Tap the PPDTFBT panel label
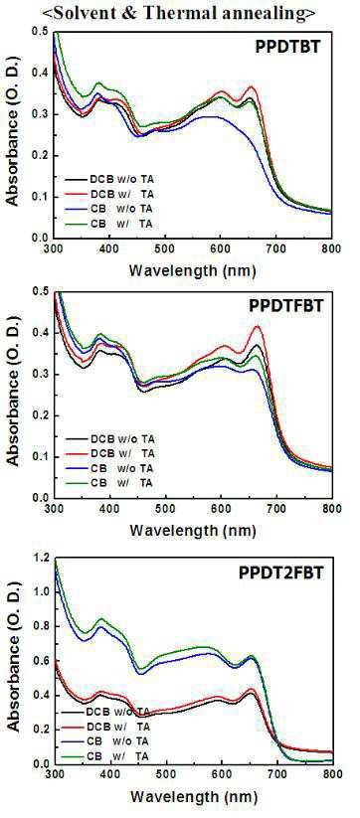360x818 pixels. tap(286, 306)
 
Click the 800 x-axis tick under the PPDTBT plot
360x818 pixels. tap(332, 248)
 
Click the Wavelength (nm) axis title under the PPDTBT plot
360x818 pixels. tap(193, 270)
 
